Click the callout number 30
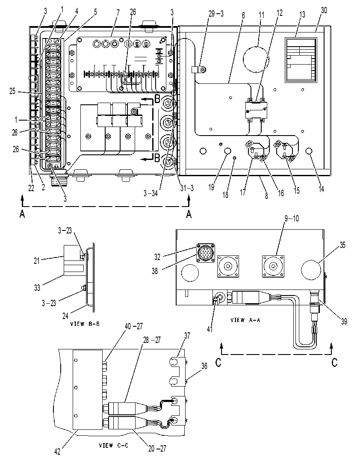tap(324, 10)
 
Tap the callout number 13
tap(302, 15)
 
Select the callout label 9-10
tap(292, 219)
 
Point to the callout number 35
tap(342, 245)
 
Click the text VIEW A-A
tap(245, 320)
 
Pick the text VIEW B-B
tap(85, 324)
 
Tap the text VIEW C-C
tap(114, 445)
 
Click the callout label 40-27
tap(134, 326)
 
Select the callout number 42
tap(58, 451)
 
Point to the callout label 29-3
tap(216, 14)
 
